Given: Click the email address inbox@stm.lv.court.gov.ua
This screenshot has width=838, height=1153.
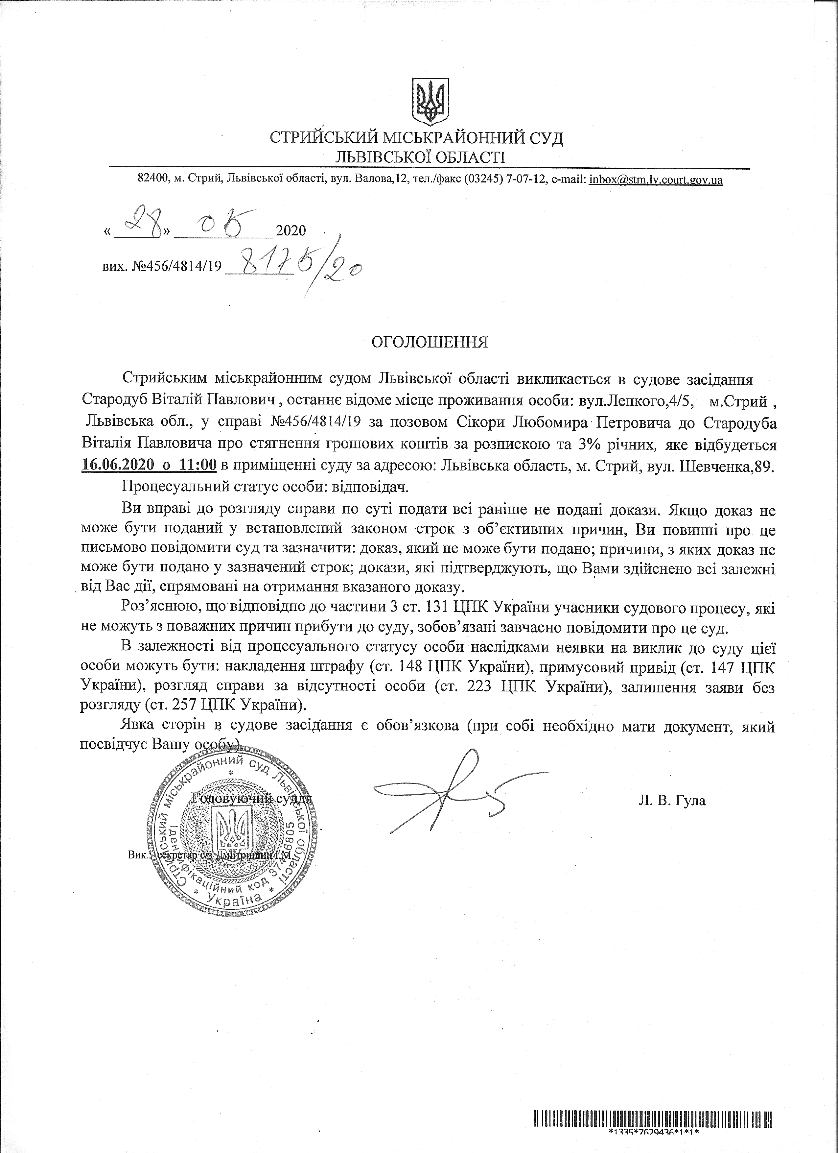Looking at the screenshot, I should (x=656, y=180).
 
